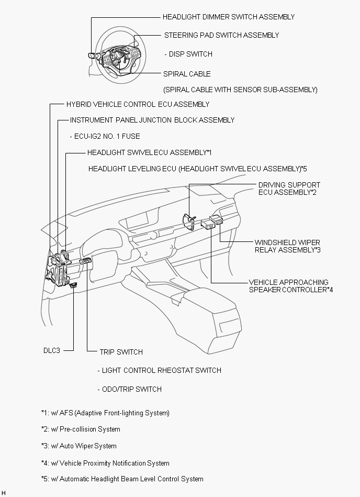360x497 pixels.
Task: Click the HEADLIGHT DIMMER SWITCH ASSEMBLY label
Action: click(229, 17)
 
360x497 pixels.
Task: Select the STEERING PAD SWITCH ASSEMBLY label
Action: click(222, 35)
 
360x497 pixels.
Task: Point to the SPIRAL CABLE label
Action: click(187, 74)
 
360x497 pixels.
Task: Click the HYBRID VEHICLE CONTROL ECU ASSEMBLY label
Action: click(138, 104)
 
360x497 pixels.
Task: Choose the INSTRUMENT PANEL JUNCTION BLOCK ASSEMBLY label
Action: click(152, 120)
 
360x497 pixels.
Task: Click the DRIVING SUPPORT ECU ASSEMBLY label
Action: click(289, 189)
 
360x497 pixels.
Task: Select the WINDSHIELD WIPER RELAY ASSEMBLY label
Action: click(287, 246)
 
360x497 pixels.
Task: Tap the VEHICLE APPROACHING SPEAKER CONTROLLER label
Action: click(290, 286)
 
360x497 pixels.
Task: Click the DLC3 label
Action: click(52, 350)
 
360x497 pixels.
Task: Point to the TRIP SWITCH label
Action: click(121, 352)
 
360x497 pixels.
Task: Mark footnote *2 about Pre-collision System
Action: click(81, 429)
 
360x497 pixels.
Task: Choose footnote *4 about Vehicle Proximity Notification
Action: click(105, 463)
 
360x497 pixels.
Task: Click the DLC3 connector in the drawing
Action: click(73, 284)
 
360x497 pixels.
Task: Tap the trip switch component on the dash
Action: click(86, 260)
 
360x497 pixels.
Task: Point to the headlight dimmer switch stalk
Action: click(92, 56)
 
